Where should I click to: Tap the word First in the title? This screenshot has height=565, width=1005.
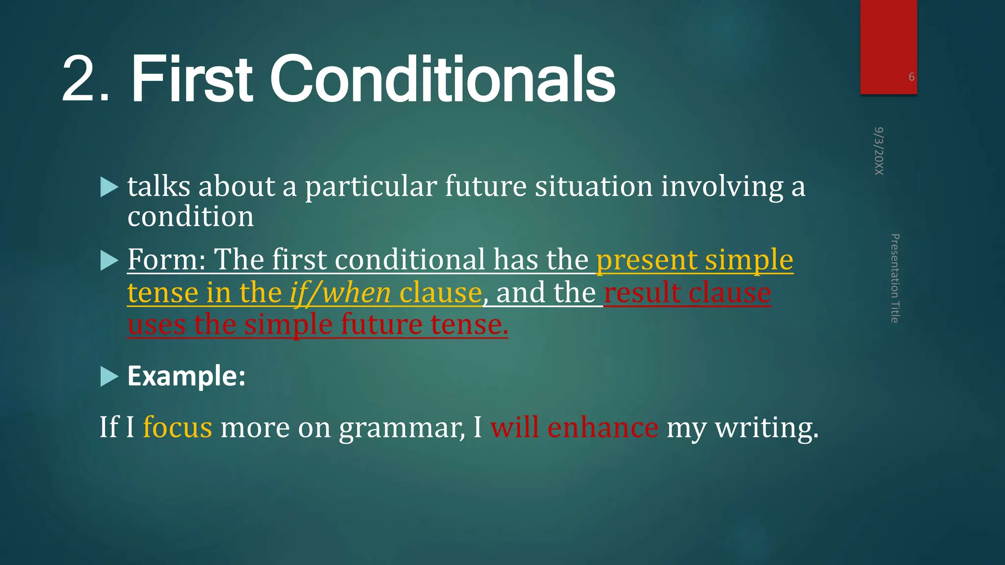tap(191, 79)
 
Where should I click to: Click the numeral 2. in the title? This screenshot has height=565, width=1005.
tap(86, 79)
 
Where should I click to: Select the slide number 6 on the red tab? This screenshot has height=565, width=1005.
tap(911, 77)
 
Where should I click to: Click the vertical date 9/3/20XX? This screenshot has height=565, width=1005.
tap(879, 151)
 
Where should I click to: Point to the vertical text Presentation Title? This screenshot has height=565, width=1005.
tap(895, 278)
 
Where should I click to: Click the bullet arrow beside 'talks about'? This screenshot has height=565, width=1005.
tap(109, 187)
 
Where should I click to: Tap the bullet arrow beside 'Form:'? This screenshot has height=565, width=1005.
tap(109, 260)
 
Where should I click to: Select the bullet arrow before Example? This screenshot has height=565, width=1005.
tap(109, 377)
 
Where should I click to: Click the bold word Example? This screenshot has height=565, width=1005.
tap(186, 376)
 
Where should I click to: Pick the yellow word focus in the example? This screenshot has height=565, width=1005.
tap(178, 427)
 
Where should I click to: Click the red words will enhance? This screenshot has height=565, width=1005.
tap(574, 427)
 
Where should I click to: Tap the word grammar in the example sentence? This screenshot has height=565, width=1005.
tap(401, 428)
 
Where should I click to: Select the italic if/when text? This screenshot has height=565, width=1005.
tap(340, 293)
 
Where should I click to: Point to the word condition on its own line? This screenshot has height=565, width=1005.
tap(190, 217)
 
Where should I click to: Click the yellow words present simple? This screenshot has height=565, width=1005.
tap(694, 260)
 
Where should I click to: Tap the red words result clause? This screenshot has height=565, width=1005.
tap(687, 293)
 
